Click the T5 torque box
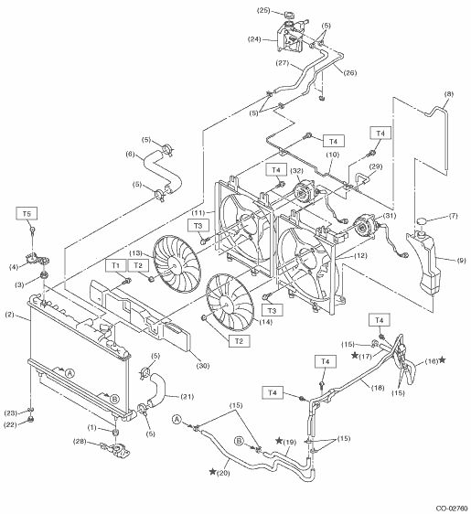click(x=27, y=214)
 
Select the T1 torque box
click(x=116, y=265)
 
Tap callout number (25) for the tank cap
click(x=263, y=10)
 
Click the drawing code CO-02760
click(x=451, y=509)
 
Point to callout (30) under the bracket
click(x=202, y=366)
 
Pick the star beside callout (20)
click(x=213, y=472)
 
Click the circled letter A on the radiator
click(x=70, y=373)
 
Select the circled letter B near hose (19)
click(x=239, y=441)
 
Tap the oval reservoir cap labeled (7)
click(x=423, y=221)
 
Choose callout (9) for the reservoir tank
click(x=461, y=261)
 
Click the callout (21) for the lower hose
click(x=187, y=397)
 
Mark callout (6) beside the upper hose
click(x=131, y=154)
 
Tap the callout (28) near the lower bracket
click(x=80, y=442)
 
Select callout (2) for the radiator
click(x=10, y=315)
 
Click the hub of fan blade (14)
click(x=226, y=304)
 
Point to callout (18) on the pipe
click(x=378, y=388)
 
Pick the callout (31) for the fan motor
click(x=389, y=215)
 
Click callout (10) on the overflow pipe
click(x=332, y=155)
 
